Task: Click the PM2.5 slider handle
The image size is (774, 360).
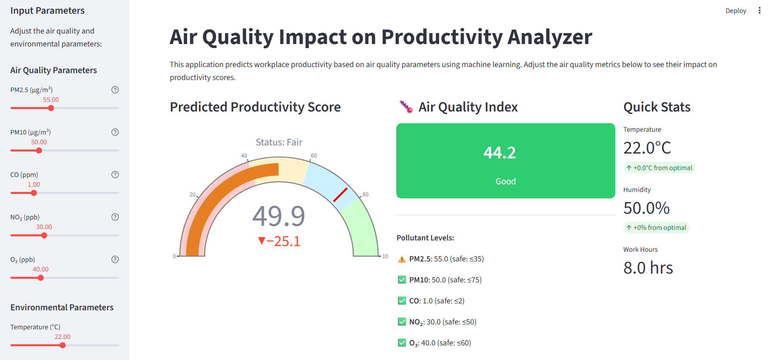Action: tap(51, 108)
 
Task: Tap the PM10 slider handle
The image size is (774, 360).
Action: tap(39, 150)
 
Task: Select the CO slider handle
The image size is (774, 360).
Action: tap(34, 193)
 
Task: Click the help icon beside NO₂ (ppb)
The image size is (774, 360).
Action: tap(115, 217)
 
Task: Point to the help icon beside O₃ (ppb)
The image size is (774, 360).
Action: tap(115, 259)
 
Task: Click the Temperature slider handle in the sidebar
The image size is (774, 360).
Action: tap(63, 345)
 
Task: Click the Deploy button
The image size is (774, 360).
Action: tap(736, 11)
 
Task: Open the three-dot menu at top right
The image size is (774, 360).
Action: tap(759, 11)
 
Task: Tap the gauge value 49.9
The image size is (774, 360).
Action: tap(279, 216)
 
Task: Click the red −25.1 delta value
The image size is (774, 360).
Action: tap(279, 241)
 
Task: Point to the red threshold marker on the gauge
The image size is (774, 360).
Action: tap(340, 195)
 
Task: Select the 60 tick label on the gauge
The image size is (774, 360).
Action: tap(314, 156)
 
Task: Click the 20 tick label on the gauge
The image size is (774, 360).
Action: tap(192, 194)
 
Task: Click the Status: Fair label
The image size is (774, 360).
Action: tap(279, 142)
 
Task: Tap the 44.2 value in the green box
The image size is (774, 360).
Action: tap(500, 153)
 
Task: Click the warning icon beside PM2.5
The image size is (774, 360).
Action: tap(402, 259)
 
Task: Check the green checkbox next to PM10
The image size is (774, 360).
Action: tap(402, 280)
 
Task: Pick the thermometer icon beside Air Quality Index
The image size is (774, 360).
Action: tap(406, 107)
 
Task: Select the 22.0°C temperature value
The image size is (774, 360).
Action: tap(647, 148)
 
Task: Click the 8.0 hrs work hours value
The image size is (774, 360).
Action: tap(648, 267)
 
